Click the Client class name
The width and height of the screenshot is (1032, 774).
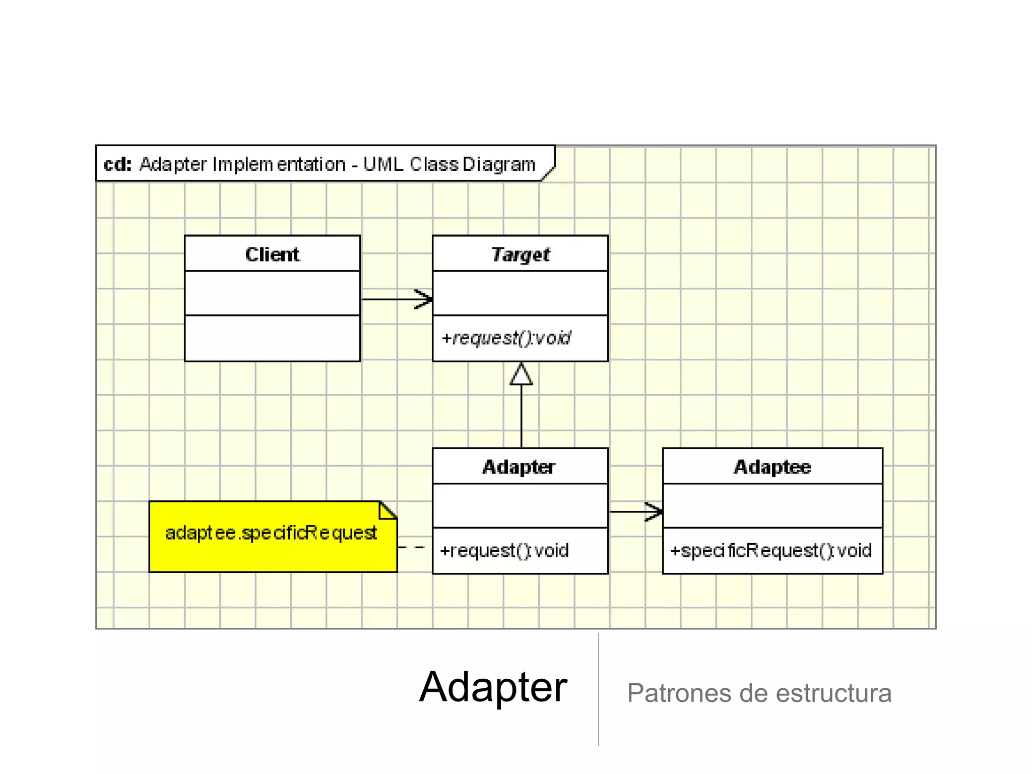coord(272,254)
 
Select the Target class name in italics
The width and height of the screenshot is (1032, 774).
coord(520,254)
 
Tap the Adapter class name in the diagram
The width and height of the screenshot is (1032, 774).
coord(519,467)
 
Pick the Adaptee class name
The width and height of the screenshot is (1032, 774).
coord(772,467)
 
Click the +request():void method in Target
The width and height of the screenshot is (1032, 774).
coord(506,338)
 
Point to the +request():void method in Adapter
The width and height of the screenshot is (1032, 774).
coord(504,550)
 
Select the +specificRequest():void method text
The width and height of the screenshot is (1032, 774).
coord(770,550)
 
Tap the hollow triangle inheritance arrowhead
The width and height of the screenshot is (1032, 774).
coord(521,374)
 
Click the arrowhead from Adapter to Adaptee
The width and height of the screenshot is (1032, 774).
coord(655,511)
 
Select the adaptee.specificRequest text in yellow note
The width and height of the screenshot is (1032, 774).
coord(271,533)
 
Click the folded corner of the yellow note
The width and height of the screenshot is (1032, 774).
coord(389,510)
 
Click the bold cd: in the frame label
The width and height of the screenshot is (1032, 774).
coord(117,164)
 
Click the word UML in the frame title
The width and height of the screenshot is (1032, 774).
coord(383,164)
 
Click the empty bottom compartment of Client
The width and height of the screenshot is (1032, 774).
coord(272,338)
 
